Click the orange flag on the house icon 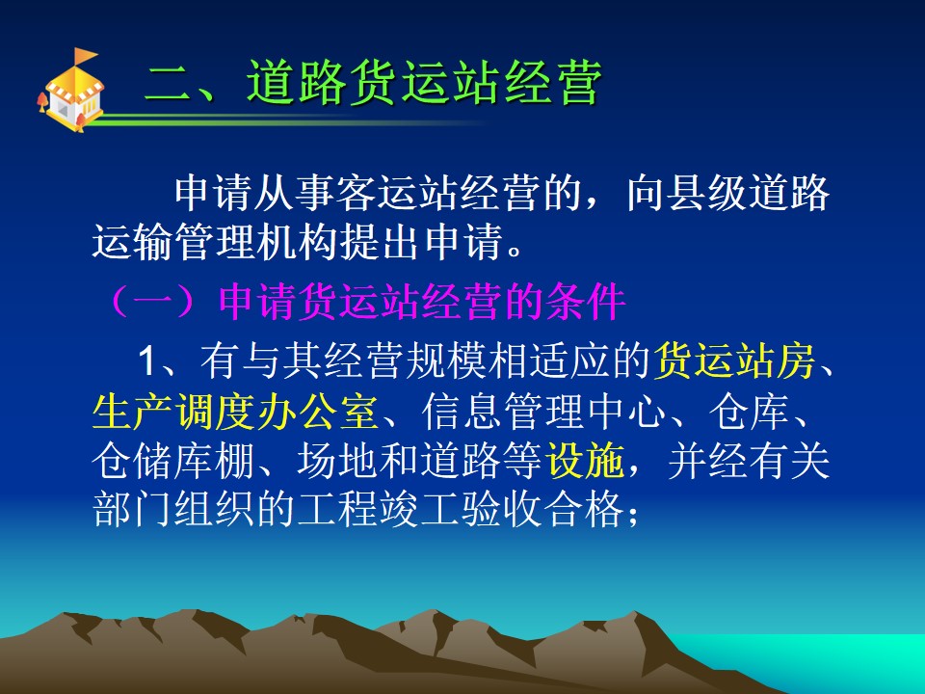(85, 56)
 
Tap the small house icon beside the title (70, 91)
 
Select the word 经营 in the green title (553, 83)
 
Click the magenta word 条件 (586, 302)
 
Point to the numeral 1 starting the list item (146, 360)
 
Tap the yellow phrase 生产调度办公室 (235, 412)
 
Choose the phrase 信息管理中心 (543, 412)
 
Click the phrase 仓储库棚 (173, 461)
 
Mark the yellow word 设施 (585, 461)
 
